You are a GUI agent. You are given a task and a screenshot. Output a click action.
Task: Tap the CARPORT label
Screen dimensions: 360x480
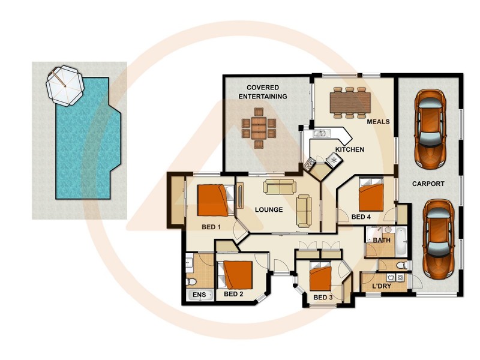pyautogui.click(x=428, y=184)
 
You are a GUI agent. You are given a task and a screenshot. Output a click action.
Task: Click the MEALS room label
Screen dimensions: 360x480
pyautogui.click(x=378, y=122)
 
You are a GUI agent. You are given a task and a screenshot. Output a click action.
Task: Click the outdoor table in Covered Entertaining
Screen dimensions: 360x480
pyautogui.click(x=259, y=127)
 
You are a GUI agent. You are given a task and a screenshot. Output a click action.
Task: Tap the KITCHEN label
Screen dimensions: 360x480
pyautogui.click(x=349, y=149)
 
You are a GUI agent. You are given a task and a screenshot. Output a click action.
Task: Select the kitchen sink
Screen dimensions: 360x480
pyautogui.click(x=319, y=134)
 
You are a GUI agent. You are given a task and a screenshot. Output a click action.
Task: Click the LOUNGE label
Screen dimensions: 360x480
pyautogui.click(x=268, y=210)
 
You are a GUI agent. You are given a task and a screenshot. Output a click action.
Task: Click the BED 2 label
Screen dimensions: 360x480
pyautogui.click(x=233, y=295)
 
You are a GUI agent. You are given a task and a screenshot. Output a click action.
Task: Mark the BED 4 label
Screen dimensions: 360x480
pyautogui.click(x=362, y=217)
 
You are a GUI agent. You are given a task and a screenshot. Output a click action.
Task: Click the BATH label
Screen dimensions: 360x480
pyautogui.click(x=382, y=241)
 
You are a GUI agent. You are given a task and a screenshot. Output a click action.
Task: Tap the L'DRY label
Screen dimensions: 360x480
pyautogui.click(x=382, y=286)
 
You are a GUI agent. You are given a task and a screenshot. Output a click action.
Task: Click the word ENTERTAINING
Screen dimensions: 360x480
pyautogui.click(x=262, y=96)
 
